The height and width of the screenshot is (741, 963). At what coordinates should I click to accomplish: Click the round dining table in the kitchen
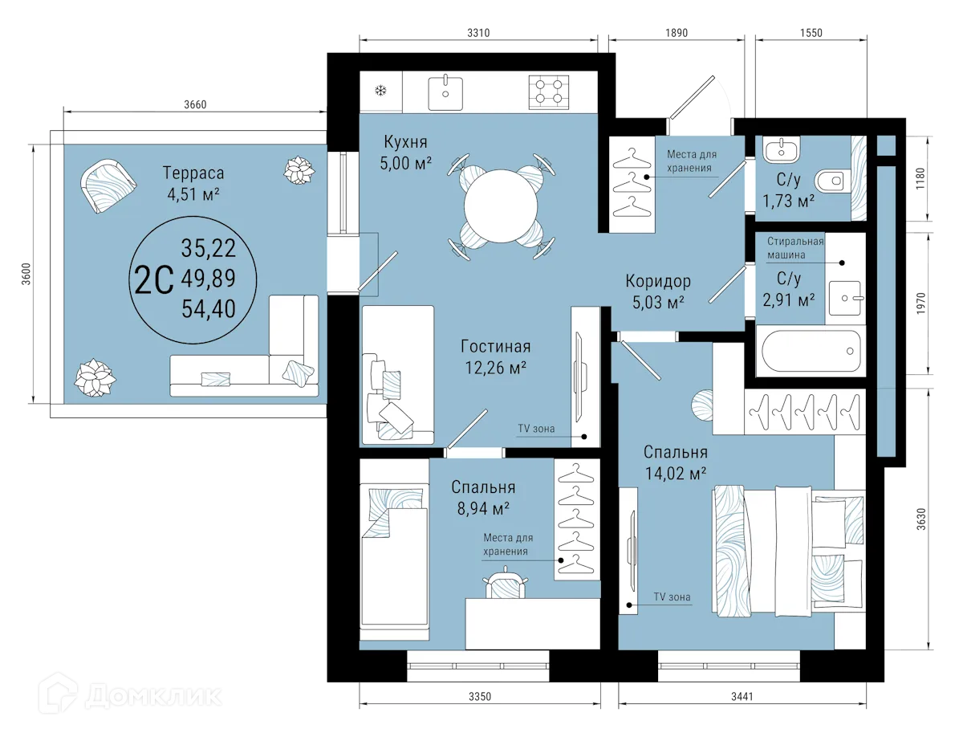coord(502,207)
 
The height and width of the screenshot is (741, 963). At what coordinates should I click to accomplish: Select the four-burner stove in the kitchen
coord(549,91)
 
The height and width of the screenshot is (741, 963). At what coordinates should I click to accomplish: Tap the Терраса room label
coord(193,173)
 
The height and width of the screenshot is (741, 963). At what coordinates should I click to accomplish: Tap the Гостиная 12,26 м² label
coord(495,356)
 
